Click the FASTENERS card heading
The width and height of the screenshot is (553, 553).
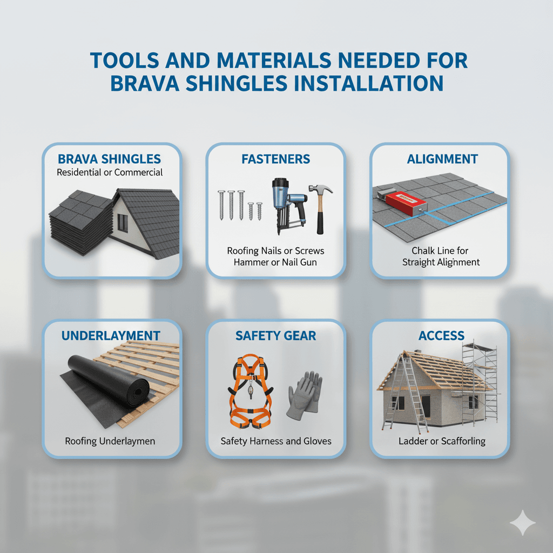[x=275, y=159]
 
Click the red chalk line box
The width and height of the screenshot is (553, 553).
[x=406, y=204]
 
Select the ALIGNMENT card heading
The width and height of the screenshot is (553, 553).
[x=442, y=159]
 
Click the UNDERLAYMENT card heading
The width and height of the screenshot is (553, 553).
[x=111, y=335]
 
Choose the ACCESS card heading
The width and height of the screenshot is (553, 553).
[x=441, y=335]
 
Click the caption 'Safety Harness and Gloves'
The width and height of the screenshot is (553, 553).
[x=276, y=441]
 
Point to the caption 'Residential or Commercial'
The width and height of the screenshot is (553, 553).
[x=110, y=172]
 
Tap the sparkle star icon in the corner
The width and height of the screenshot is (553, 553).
[x=522, y=522]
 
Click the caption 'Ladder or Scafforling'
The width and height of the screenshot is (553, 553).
[x=442, y=441]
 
